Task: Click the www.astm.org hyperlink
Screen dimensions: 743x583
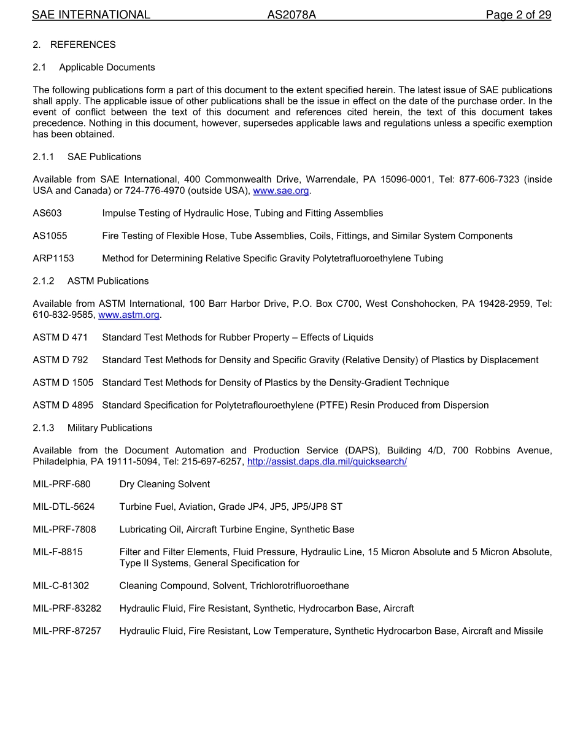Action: tap(129, 315)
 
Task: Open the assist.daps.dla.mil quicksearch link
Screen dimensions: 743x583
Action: tap(326, 461)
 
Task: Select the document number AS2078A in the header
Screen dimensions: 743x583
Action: tap(291, 15)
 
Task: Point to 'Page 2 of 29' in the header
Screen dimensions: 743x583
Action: tap(518, 15)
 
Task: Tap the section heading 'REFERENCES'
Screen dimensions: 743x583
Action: tap(83, 45)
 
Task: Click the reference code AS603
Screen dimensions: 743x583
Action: tap(47, 214)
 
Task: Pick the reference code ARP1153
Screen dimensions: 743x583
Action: tap(53, 258)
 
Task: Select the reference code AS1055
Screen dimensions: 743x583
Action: tap(50, 236)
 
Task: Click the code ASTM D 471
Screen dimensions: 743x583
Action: tap(60, 337)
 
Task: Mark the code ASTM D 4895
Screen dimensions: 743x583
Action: tap(63, 405)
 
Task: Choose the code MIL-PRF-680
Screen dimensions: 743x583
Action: tap(61, 484)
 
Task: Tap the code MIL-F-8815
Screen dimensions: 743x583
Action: tap(58, 552)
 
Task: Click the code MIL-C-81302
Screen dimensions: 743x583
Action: tap(61, 586)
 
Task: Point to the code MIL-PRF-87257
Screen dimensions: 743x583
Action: tap(67, 631)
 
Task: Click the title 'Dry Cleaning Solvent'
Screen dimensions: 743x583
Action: tap(164, 484)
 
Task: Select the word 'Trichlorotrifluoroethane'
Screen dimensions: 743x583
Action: tap(299, 586)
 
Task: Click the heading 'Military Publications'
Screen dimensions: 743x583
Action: tap(110, 428)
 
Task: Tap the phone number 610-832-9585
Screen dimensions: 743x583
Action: tap(63, 315)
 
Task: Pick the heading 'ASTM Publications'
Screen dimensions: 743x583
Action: tap(108, 281)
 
